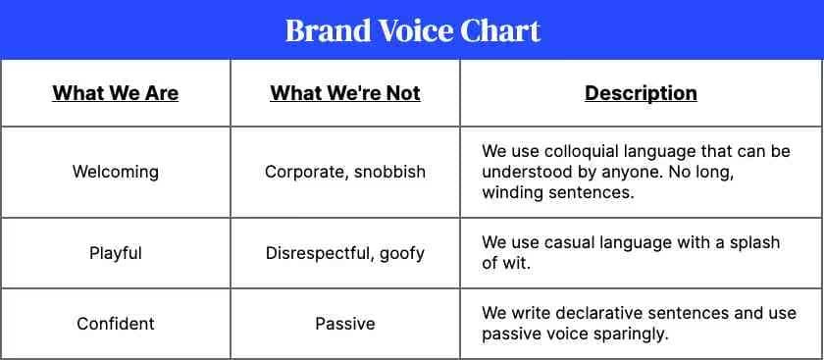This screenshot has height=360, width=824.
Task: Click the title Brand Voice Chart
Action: pyautogui.click(x=413, y=30)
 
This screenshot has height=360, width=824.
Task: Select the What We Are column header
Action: pyautogui.click(x=116, y=93)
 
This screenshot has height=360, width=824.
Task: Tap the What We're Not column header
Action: pyautogui.click(x=345, y=93)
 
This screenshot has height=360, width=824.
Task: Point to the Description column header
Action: pyautogui.click(x=641, y=93)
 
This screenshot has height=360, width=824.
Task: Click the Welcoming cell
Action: pyautogui.click(x=116, y=172)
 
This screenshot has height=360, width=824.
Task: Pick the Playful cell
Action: pyautogui.click(x=116, y=253)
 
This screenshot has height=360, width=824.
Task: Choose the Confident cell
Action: pyautogui.click(x=116, y=323)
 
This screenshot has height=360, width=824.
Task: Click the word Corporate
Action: pyautogui.click(x=305, y=173)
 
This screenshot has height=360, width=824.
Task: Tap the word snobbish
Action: pyautogui.click(x=389, y=172)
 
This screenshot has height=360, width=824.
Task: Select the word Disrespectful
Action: pyautogui.click(x=320, y=253)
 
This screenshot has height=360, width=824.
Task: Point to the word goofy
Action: pyautogui.click(x=401, y=254)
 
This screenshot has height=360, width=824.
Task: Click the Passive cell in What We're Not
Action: pyautogui.click(x=345, y=323)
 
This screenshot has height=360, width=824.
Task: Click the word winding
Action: pyautogui.click(x=512, y=192)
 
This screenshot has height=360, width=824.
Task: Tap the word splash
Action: pyautogui.click(x=752, y=243)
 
